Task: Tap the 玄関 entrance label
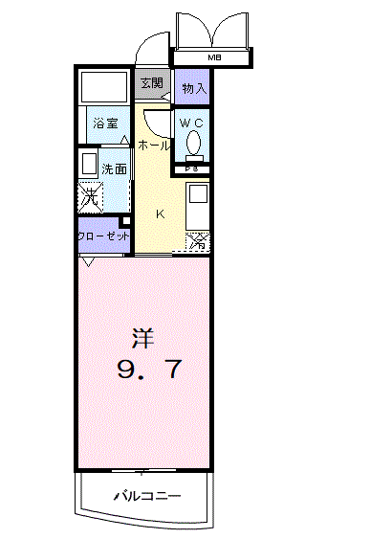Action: pos(152,83)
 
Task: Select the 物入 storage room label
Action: pos(194,88)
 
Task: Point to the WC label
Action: pos(191,122)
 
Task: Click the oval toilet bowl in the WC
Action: pos(195,144)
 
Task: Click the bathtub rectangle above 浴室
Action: pos(102,88)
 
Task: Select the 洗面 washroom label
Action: pos(115,168)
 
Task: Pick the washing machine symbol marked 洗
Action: pos(89,197)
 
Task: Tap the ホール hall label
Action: pos(154,145)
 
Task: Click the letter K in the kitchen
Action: pos(161,213)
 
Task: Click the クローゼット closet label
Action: pos(103,235)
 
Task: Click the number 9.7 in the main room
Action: pos(148,370)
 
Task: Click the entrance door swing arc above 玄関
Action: pos(148,48)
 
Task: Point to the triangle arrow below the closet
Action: pos(88,261)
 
